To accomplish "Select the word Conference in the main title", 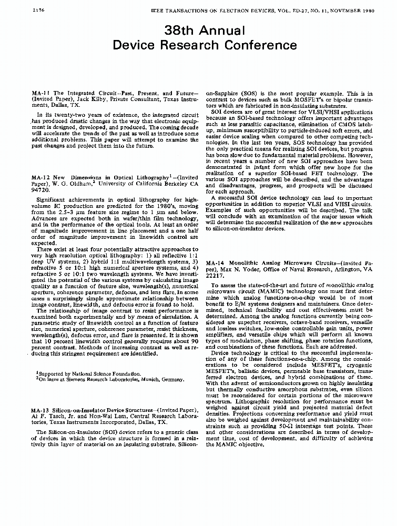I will pos(260,45).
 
